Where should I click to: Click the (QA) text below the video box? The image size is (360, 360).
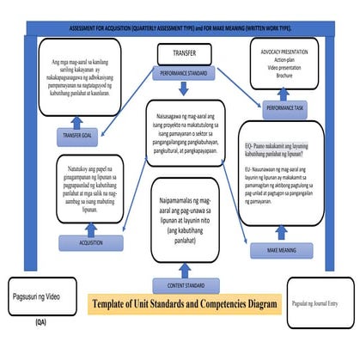coord(41,324)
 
